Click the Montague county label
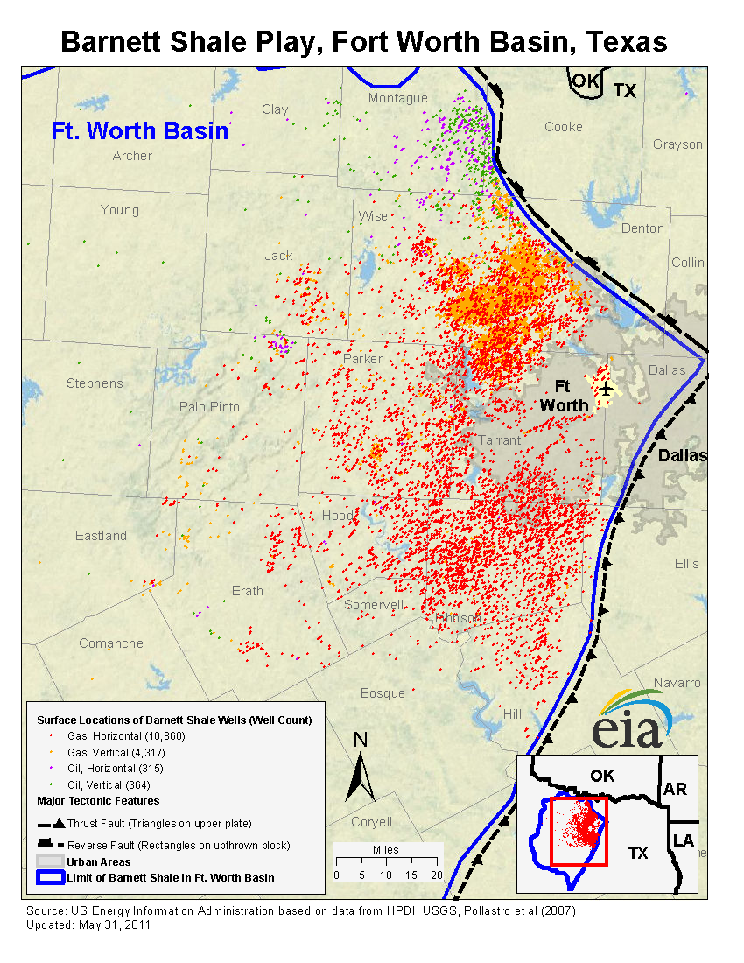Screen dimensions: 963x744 (x=398, y=98)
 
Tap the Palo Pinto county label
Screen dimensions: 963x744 (x=209, y=407)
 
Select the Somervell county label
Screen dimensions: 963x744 (x=374, y=605)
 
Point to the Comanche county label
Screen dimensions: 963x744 (x=111, y=643)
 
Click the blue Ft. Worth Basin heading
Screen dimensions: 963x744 (x=140, y=131)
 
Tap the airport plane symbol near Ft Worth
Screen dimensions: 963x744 (x=605, y=388)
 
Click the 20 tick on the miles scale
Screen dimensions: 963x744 (x=437, y=875)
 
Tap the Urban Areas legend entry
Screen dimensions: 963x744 (x=99, y=862)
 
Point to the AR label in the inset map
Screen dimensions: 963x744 (x=675, y=789)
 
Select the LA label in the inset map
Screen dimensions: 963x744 (x=683, y=841)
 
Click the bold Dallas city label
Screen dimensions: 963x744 (x=682, y=456)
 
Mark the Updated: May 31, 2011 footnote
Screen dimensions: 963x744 (x=88, y=924)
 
